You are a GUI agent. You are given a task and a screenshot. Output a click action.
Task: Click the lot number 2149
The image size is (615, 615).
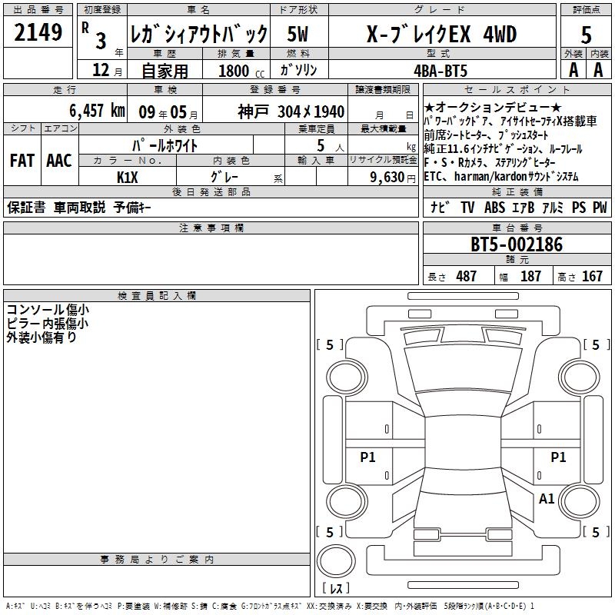(38, 32)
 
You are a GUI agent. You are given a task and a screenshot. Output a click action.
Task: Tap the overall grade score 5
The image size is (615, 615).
(586, 35)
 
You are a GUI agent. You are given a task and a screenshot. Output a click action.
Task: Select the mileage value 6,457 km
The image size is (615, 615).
(97, 111)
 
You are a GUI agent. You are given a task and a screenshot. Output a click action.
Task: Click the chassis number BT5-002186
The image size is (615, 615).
(517, 244)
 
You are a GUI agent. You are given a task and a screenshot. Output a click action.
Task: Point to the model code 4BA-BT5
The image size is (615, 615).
(440, 71)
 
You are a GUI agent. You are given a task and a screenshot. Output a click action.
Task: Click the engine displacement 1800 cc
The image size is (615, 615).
(241, 71)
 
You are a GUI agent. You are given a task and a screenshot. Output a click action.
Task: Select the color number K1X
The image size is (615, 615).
(127, 178)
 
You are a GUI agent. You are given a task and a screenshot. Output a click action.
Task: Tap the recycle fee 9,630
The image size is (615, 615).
(387, 178)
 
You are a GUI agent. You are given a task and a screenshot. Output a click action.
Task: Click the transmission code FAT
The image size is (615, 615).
(22, 161)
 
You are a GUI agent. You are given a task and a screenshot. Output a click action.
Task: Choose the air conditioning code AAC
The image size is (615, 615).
(59, 161)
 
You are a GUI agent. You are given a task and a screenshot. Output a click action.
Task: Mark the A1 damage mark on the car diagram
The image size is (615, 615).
(547, 499)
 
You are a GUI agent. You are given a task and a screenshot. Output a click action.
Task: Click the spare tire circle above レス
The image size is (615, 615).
(336, 560)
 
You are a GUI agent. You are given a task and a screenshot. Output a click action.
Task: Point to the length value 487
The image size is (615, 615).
(467, 276)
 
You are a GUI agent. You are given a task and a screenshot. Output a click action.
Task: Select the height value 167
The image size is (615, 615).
(592, 276)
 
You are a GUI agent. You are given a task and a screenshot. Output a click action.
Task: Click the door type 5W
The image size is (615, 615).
(298, 34)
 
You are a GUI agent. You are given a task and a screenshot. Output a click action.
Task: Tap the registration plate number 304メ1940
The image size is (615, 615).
(311, 111)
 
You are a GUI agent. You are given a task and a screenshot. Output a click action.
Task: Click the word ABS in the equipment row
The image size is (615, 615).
(494, 208)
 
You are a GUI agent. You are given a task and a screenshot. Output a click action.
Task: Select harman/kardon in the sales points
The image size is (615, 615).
(490, 177)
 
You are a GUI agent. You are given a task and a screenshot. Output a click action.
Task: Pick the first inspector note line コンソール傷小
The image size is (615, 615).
(48, 310)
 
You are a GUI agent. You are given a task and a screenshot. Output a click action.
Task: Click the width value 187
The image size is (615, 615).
(530, 276)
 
